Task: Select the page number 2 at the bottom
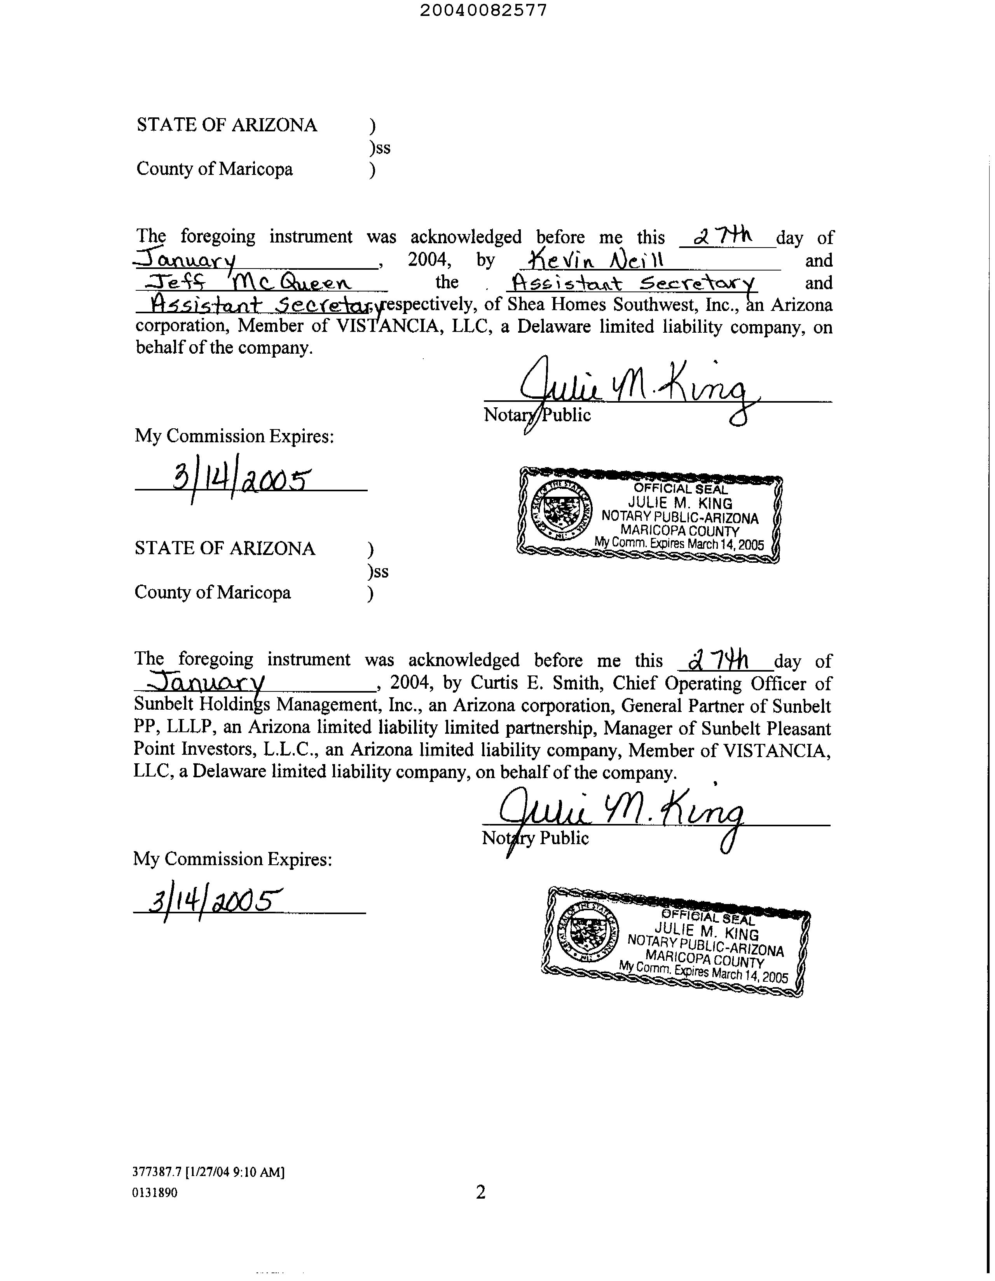click(x=480, y=1192)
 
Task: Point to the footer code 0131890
click(x=155, y=1192)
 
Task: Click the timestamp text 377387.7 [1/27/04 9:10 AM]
click(x=208, y=1172)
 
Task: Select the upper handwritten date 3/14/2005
click(x=241, y=481)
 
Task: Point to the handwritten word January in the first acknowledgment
click(x=187, y=259)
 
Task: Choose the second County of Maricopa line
click(x=212, y=592)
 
